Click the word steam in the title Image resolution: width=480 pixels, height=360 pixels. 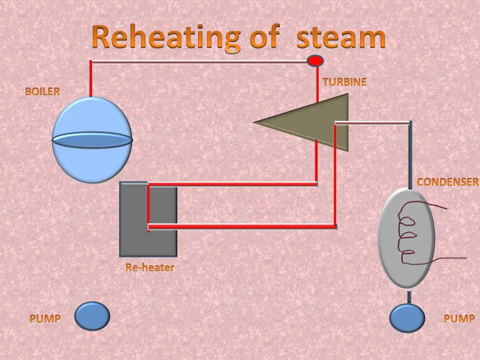pos(341,38)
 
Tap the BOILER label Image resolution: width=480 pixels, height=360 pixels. pos(42,91)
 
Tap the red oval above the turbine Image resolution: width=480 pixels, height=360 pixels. pos(315,61)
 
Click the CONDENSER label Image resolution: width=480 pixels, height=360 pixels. pos(447,182)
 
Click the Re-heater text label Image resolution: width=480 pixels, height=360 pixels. pos(149,267)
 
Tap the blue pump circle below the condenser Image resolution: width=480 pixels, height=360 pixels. pos(407,317)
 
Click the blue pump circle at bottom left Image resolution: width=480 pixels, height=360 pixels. pos(92,315)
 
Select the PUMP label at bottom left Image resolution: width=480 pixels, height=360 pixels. pos(45,318)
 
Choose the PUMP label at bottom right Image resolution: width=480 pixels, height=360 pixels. pos(459,318)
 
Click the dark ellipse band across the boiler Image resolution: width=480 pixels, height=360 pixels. pos(92,141)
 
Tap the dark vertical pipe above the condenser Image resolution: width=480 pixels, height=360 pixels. pos(410,155)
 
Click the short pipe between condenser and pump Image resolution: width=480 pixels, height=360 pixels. pos(408,297)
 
